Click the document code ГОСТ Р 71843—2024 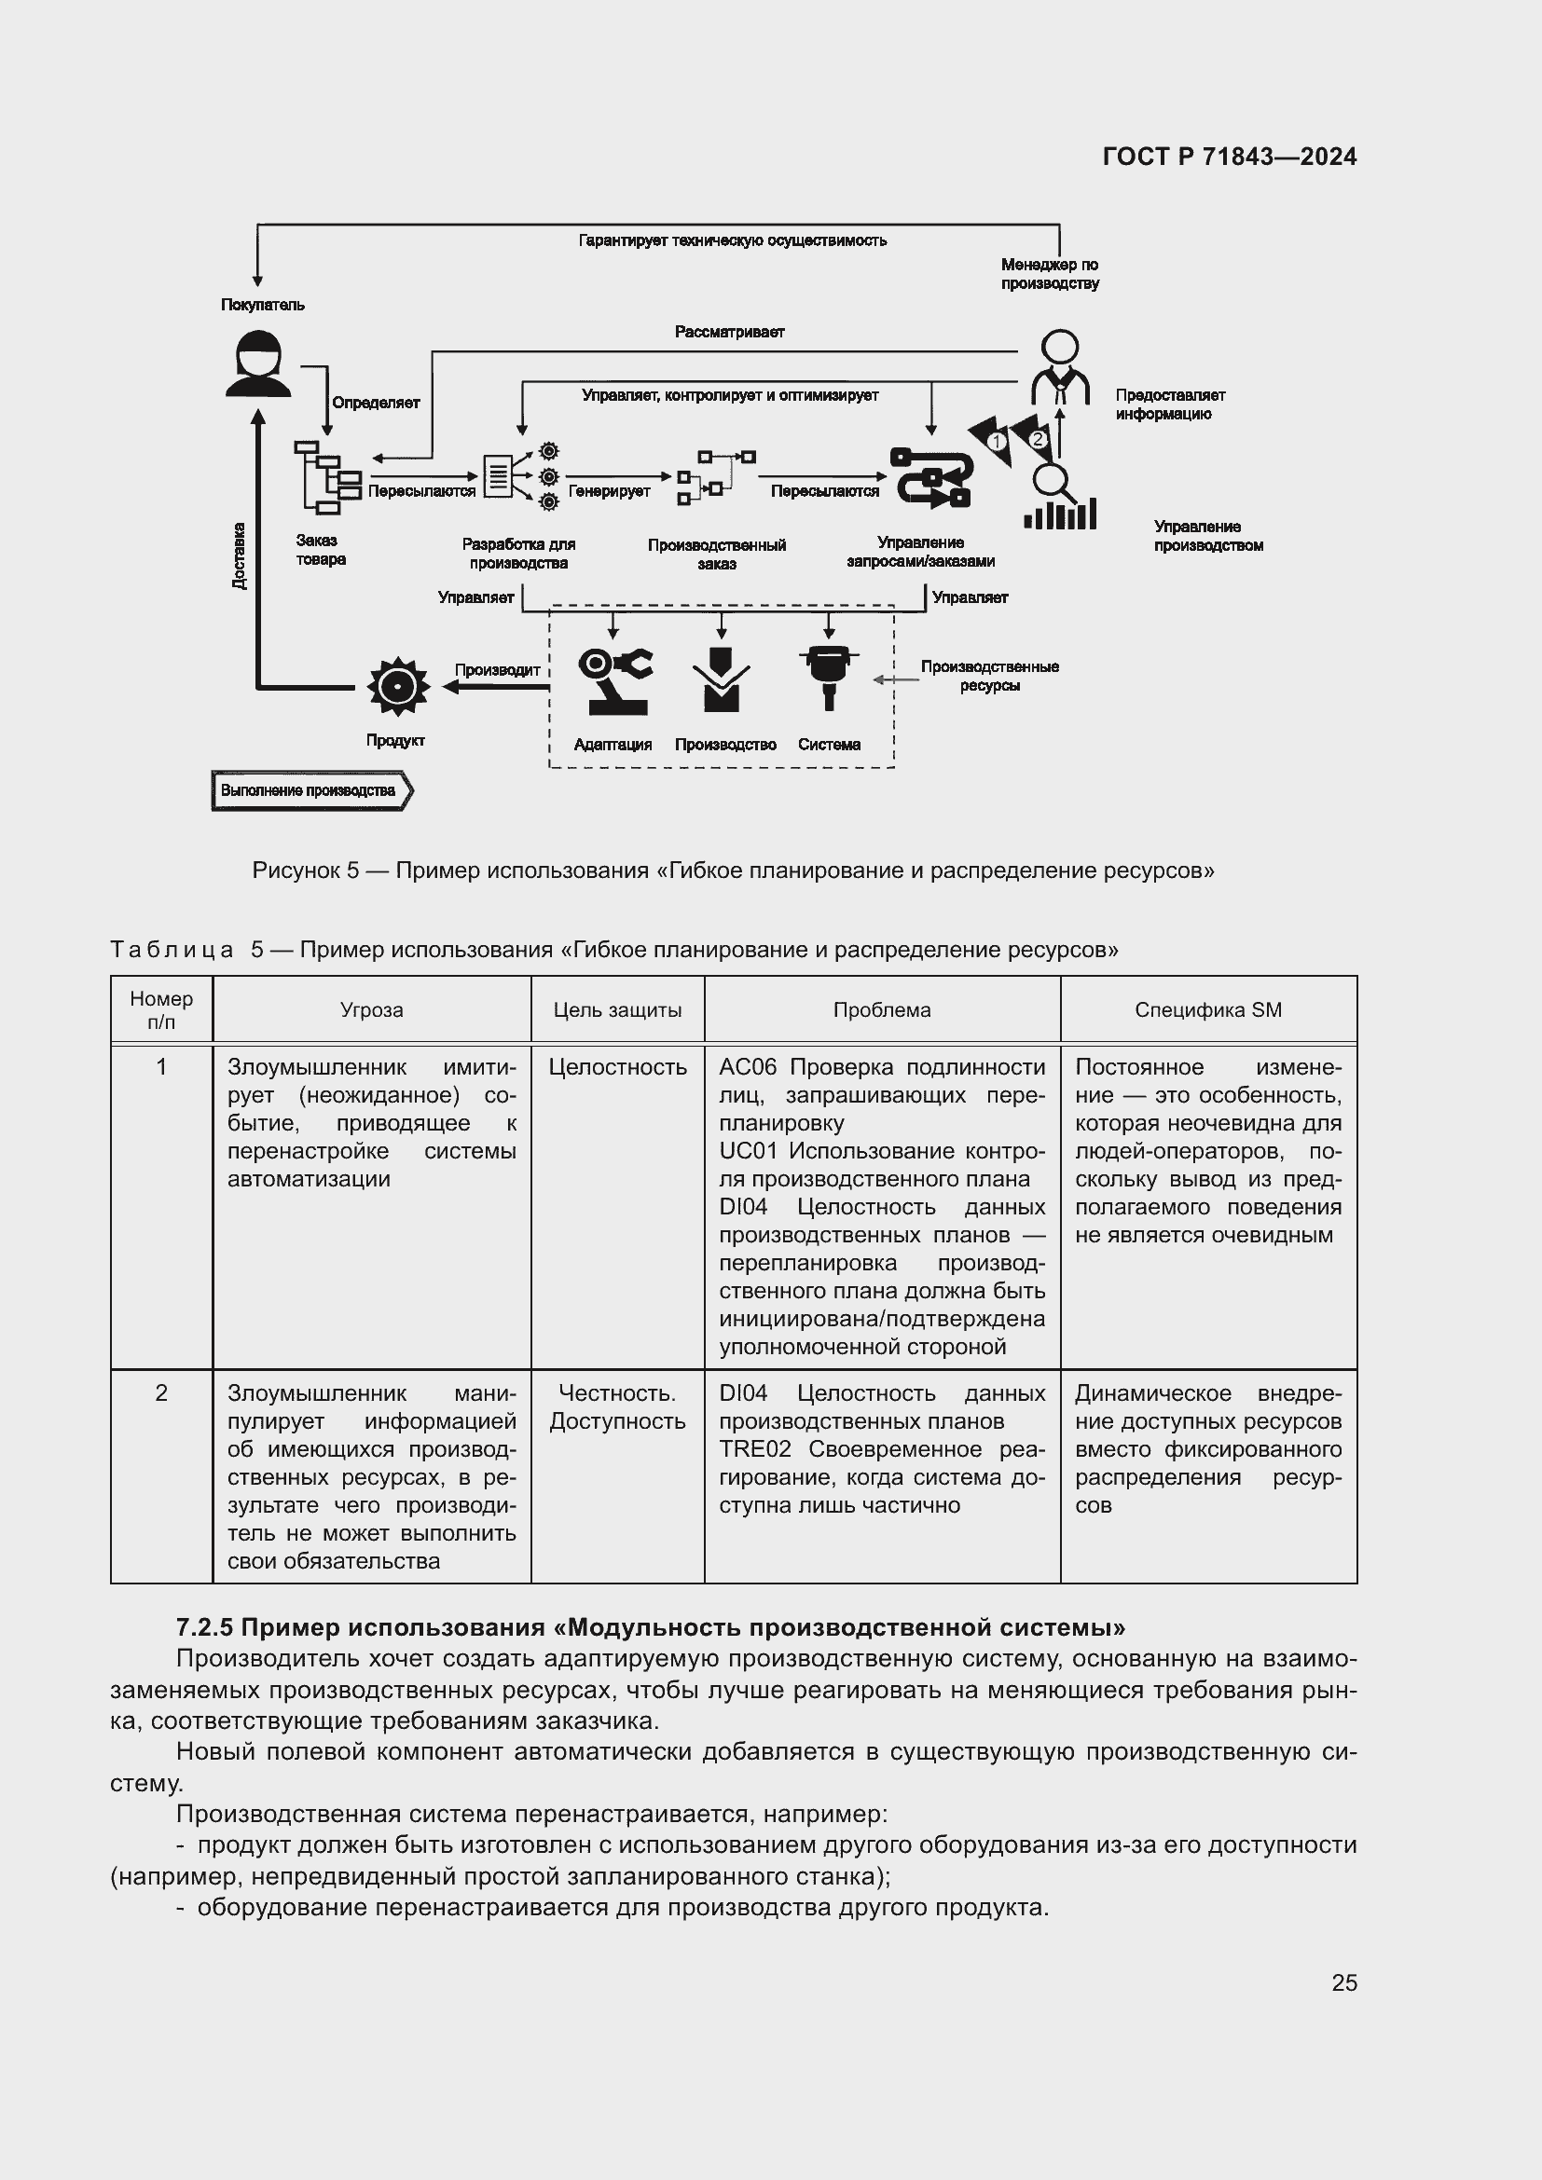coord(1229,157)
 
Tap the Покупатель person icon coord(257,363)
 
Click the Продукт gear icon coord(398,686)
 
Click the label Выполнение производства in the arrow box coord(308,790)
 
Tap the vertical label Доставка coord(240,555)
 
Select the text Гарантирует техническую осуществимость coord(732,241)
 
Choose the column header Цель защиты coord(617,1010)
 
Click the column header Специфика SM coord(1206,1010)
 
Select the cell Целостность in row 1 coord(617,1067)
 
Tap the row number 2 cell coord(161,1392)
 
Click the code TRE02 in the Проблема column coord(754,1449)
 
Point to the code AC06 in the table coord(748,1067)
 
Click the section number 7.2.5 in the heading coord(204,1627)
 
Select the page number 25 coord(1343,1982)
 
